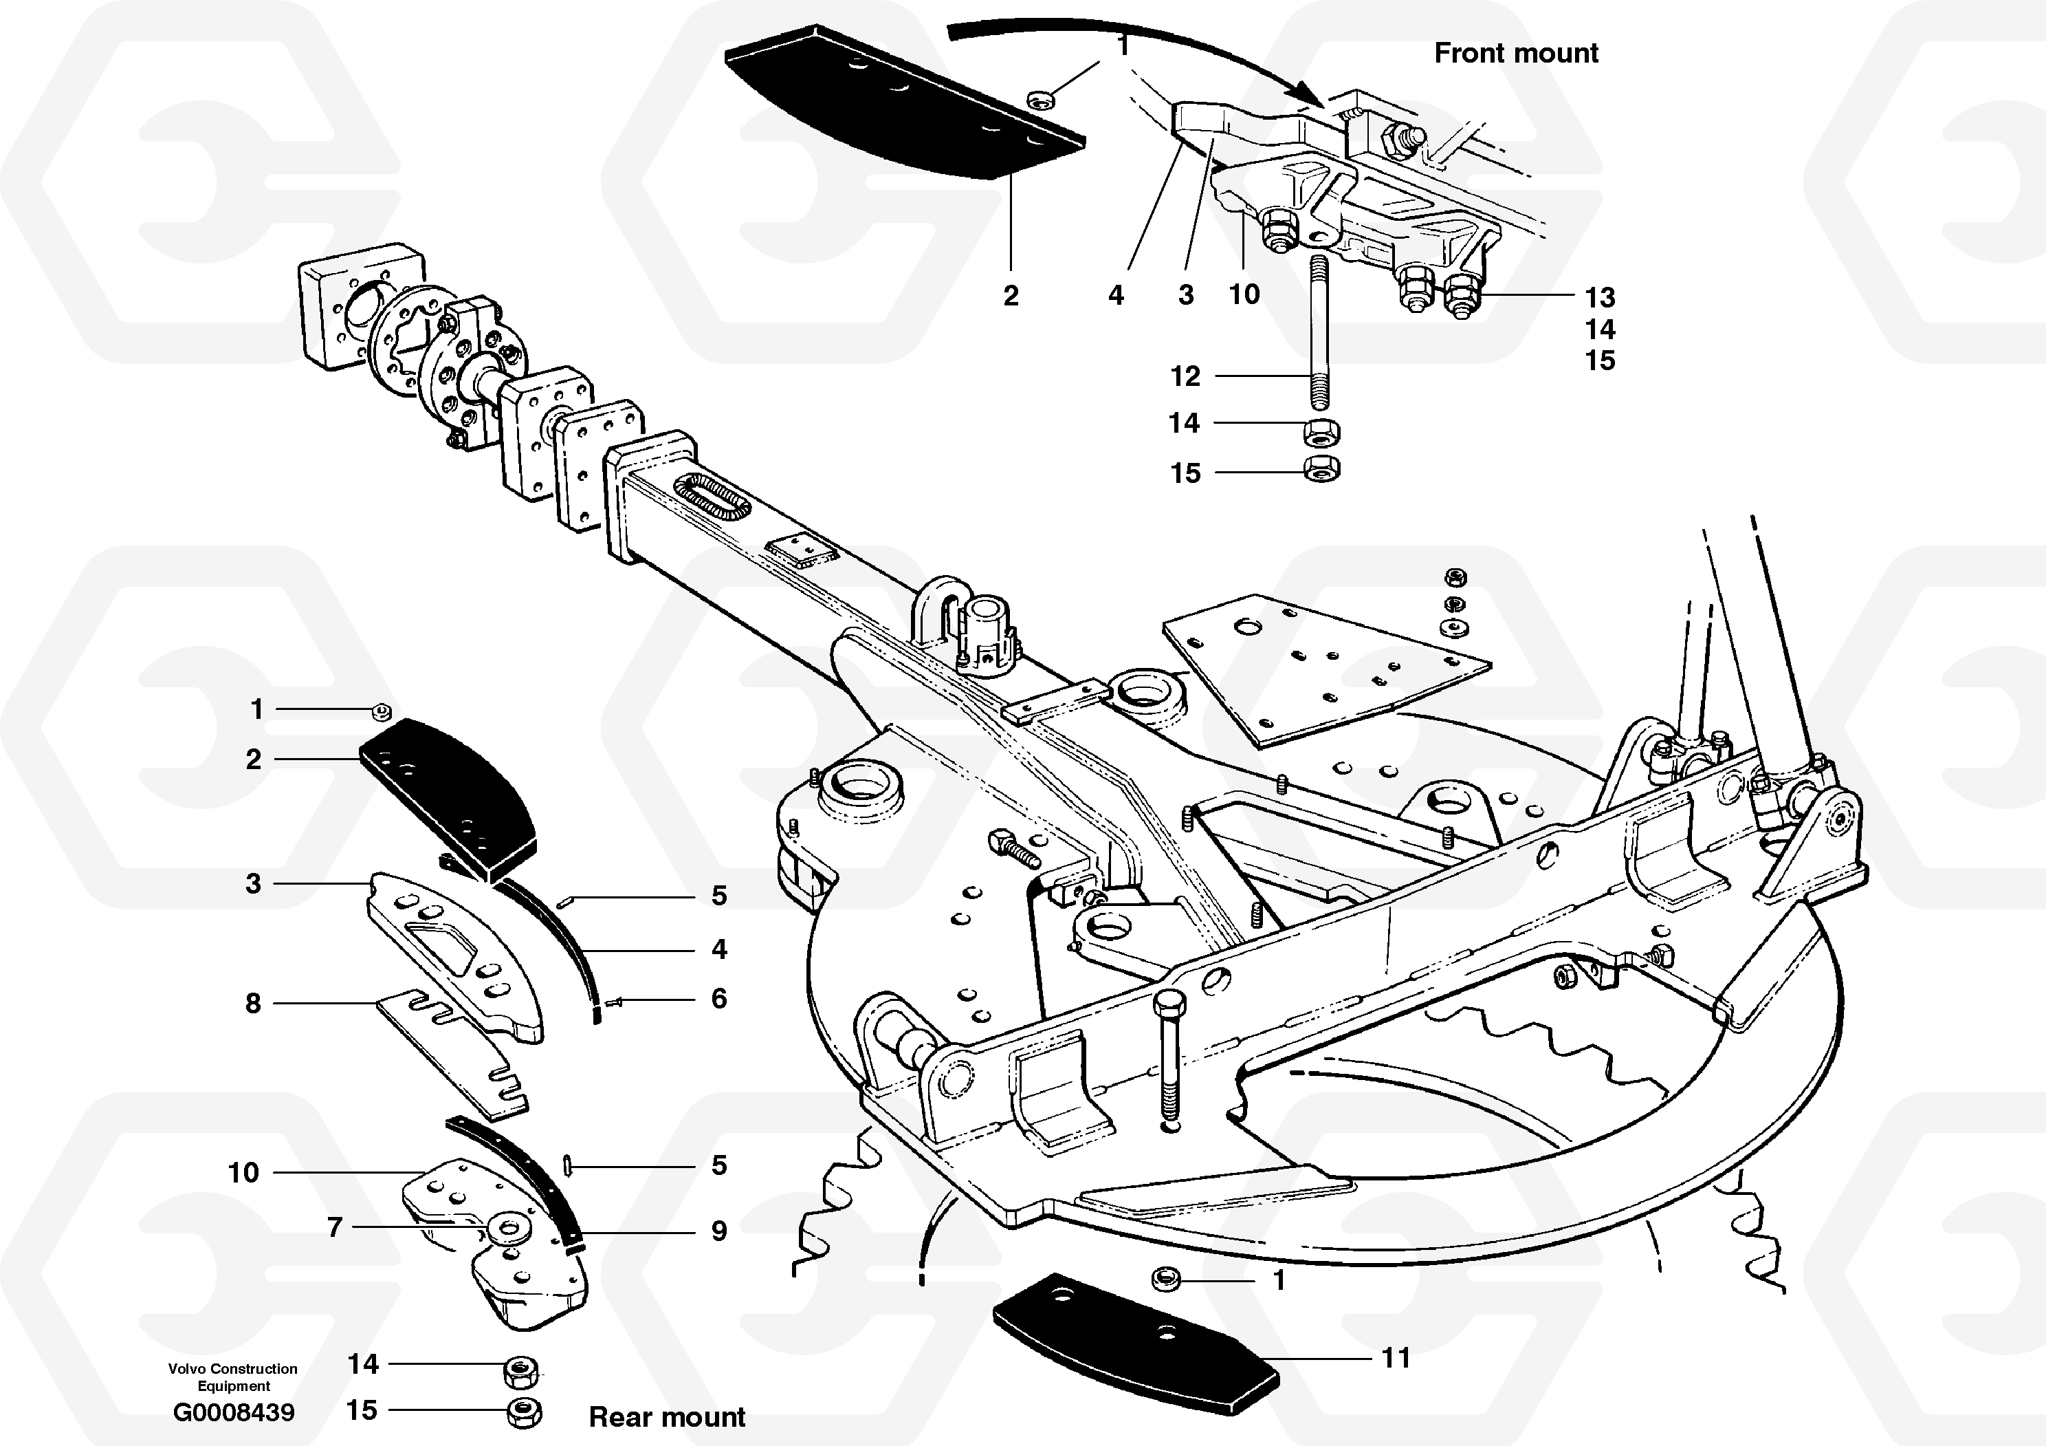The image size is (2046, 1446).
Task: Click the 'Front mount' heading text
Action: click(1516, 54)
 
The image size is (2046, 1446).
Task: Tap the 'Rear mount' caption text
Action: click(667, 1416)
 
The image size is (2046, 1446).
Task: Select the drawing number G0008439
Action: click(234, 1412)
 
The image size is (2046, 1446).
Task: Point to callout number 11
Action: click(1396, 1358)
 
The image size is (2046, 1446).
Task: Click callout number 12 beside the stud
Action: click(1185, 376)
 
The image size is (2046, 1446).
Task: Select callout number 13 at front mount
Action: click(1600, 297)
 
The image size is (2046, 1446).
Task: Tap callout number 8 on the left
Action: click(253, 1003)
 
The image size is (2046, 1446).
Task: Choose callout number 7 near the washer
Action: click(334, 1227)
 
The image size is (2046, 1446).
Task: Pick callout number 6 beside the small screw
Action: click(718, 998)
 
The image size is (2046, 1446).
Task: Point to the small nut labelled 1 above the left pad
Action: click(382, 711)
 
